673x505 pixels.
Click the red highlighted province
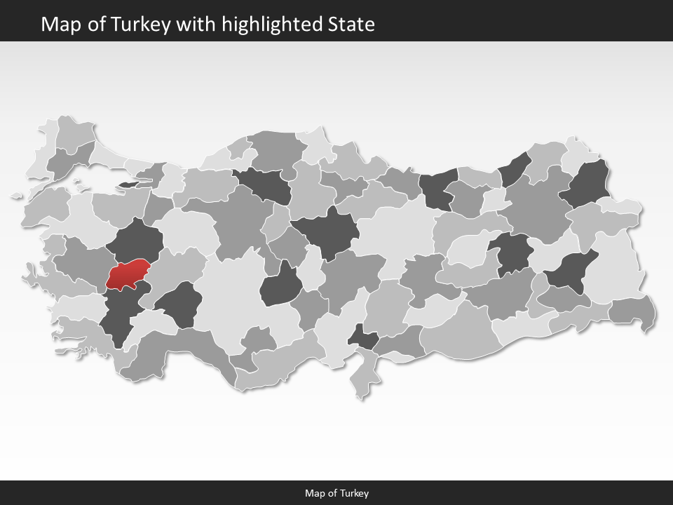[x=128, y=274]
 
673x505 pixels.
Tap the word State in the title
[x=351, y=25]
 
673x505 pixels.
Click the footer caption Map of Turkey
[x=336, y=493]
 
